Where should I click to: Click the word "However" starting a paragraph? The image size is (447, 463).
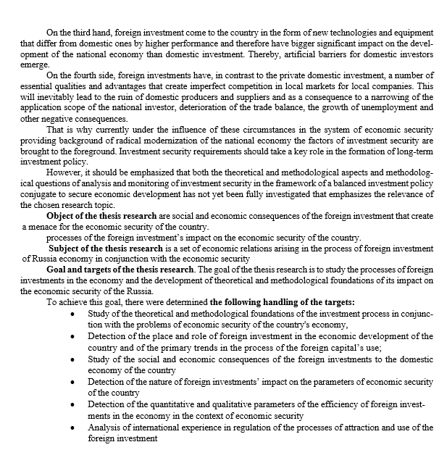click(62, 175)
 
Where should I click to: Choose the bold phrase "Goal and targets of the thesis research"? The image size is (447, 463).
click(120, 270)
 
